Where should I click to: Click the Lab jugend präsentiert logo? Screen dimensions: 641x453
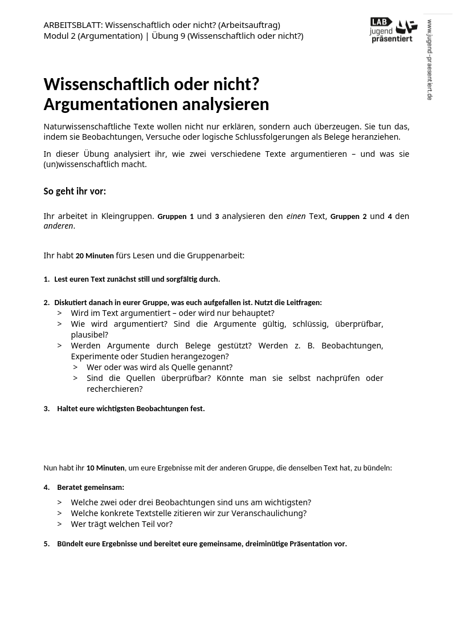(393, 30)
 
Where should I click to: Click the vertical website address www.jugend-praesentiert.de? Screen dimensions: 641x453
(430, 60)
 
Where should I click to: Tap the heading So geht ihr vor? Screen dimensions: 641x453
(75, 191)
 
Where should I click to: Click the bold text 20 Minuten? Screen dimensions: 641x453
(95, 256)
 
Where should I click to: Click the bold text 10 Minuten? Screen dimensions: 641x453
(105, 468)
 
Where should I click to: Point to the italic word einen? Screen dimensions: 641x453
(296, 216)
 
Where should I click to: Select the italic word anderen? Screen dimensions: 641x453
(58, 226)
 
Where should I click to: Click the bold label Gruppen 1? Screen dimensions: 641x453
(176, 217)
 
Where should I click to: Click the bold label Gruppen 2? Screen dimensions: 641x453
(348, 217)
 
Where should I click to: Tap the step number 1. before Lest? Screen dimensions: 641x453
(47, 279)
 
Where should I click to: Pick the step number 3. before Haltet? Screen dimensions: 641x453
(47, 409)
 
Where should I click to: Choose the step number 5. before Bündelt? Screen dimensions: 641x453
(47, 544)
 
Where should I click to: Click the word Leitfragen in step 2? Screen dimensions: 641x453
(303, 303)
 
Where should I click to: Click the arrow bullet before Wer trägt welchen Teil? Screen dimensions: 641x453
(59, 524)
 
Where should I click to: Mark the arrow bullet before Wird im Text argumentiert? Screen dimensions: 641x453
(59, 313)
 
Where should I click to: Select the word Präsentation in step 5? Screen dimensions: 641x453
(317, 544)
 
